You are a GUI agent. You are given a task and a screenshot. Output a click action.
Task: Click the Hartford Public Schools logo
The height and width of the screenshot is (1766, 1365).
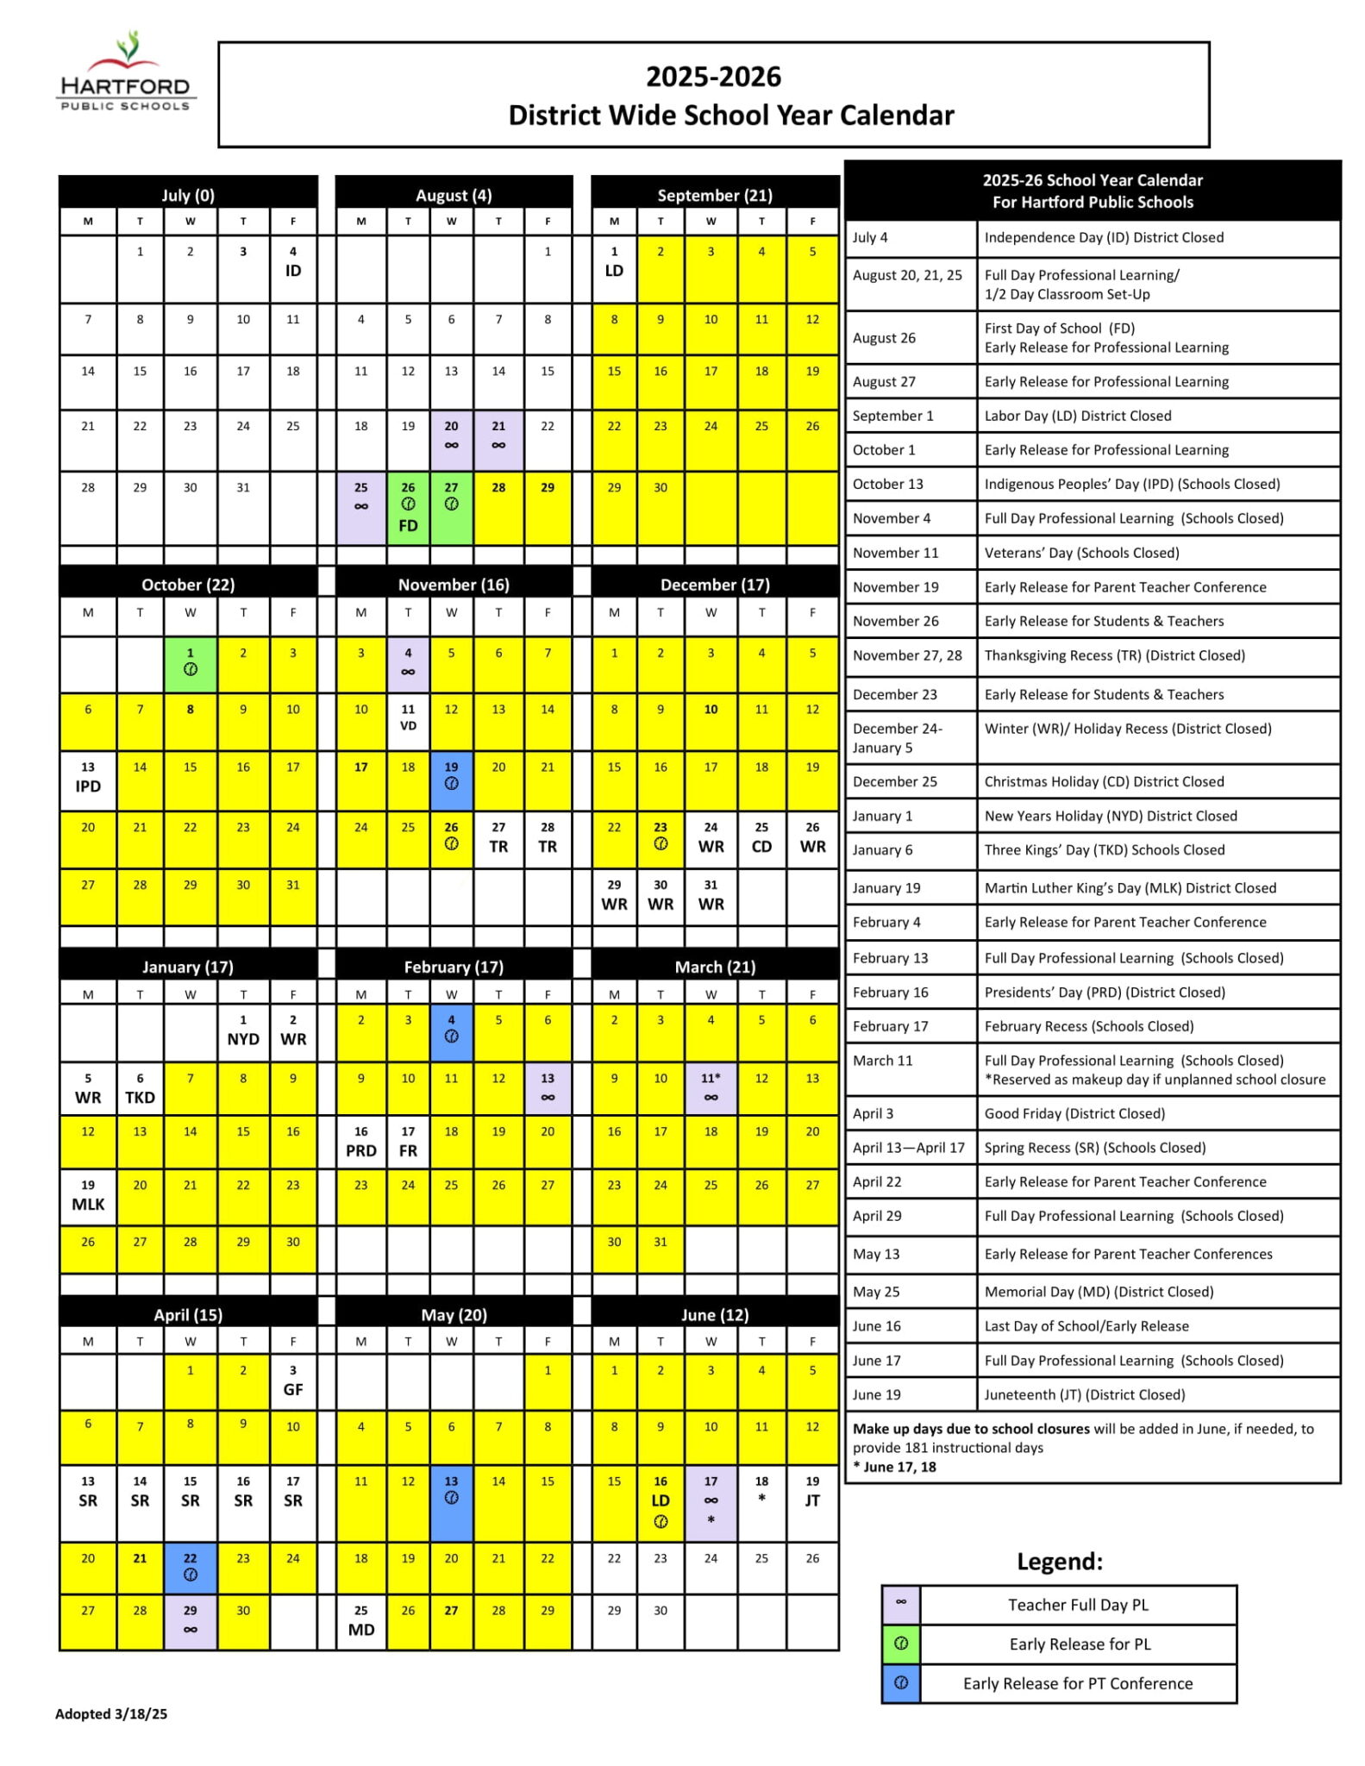click(x=126, y=74)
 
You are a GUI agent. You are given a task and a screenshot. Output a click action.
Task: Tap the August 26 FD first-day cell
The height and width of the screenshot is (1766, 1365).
click(x=408, y=507)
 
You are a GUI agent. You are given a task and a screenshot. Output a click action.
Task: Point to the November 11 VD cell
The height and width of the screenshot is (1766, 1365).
click(x=408, y=718)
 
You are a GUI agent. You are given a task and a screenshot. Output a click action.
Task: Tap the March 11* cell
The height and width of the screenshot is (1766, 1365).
click(x=711, y=1087)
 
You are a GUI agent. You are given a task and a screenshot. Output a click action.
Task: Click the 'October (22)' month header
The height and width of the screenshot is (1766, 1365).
click(x=188, y=585)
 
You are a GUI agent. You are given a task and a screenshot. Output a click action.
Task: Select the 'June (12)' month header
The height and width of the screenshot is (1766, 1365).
click(x=715, y=1315)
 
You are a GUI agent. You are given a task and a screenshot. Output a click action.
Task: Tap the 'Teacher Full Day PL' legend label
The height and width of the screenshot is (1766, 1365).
click(x=1078, y=1605)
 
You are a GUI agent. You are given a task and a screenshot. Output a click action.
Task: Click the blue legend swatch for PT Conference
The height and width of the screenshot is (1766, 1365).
click(x=901, y=1682)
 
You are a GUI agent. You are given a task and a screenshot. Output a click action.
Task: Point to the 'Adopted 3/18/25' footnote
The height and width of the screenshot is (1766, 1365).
click(x=111, y=1713)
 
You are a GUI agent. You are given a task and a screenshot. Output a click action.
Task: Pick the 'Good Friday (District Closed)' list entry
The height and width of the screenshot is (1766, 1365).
click(x=1074, y=1113)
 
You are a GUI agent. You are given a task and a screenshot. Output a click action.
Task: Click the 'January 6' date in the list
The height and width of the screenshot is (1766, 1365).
click(x=882, y=849)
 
